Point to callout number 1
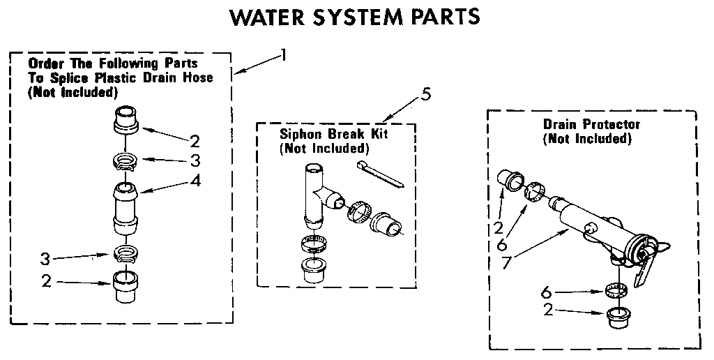tap(283, 54)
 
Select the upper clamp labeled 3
tap(126, 163)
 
